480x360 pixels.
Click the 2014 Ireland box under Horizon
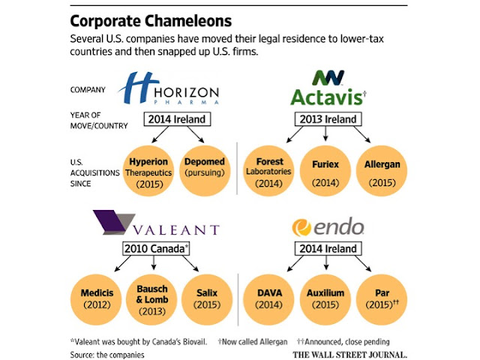point(175,118)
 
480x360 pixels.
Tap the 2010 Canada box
point(154,249)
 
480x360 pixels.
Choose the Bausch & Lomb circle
point(154,298)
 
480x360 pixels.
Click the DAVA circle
point(271,298)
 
